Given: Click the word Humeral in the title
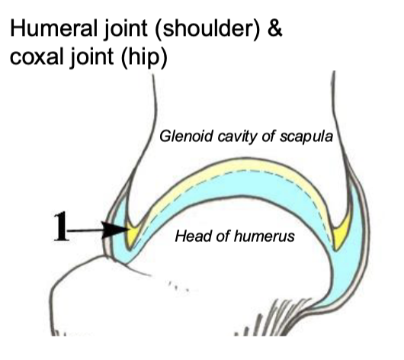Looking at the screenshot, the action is coord(53,28).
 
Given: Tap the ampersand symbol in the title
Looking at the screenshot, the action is coord(275,28).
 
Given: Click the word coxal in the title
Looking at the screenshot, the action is coord(37,56).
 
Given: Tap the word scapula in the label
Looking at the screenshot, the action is coord(306,137).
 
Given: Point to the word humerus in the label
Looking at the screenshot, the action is coord(265,236).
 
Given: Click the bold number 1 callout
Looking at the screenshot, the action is coord(61,227).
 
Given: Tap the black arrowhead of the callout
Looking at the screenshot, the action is coord(115,230).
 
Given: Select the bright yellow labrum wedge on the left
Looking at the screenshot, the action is coord(133,233).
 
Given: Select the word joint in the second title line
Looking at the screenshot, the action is coord(91,57).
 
